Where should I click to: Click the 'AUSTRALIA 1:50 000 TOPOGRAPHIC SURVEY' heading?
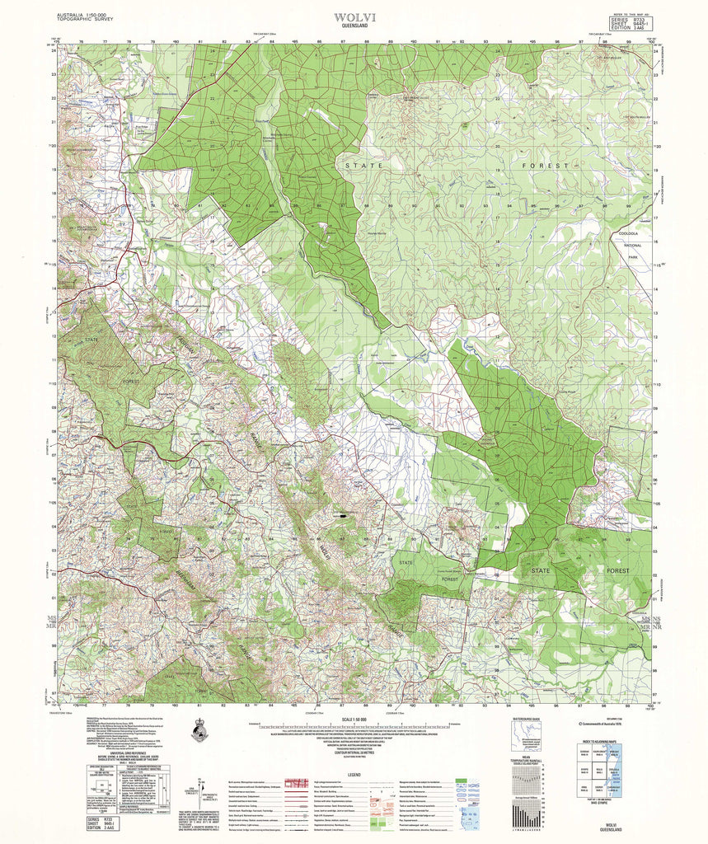coord(90,17)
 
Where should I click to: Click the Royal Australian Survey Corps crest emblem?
coord(199,729)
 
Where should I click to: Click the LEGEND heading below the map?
coord(355,775)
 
